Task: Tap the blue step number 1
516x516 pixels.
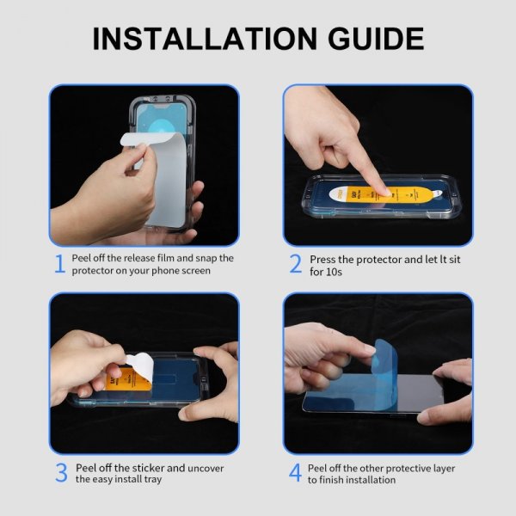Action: pyautogui.click(x=60, y=264)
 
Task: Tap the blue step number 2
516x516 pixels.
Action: pyautogui.click(x=295, y=264)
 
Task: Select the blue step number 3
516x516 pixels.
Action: pyautogui.click(x=60, y=473)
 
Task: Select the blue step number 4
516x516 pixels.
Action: pyautogui.click(x=295, y=473)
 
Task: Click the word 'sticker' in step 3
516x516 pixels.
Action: pyautogui.click(x=141, y=468)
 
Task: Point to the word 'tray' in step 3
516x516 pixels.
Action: pyautogui.click(x=150, y=479)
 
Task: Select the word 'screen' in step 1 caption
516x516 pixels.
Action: pyautogui.click(x=194, y=270)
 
